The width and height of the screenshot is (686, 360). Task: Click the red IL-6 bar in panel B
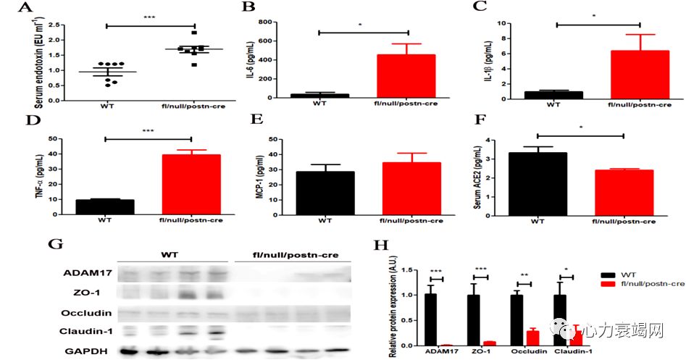click(405, 75)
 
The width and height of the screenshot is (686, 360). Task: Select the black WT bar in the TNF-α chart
click(104, 206)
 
